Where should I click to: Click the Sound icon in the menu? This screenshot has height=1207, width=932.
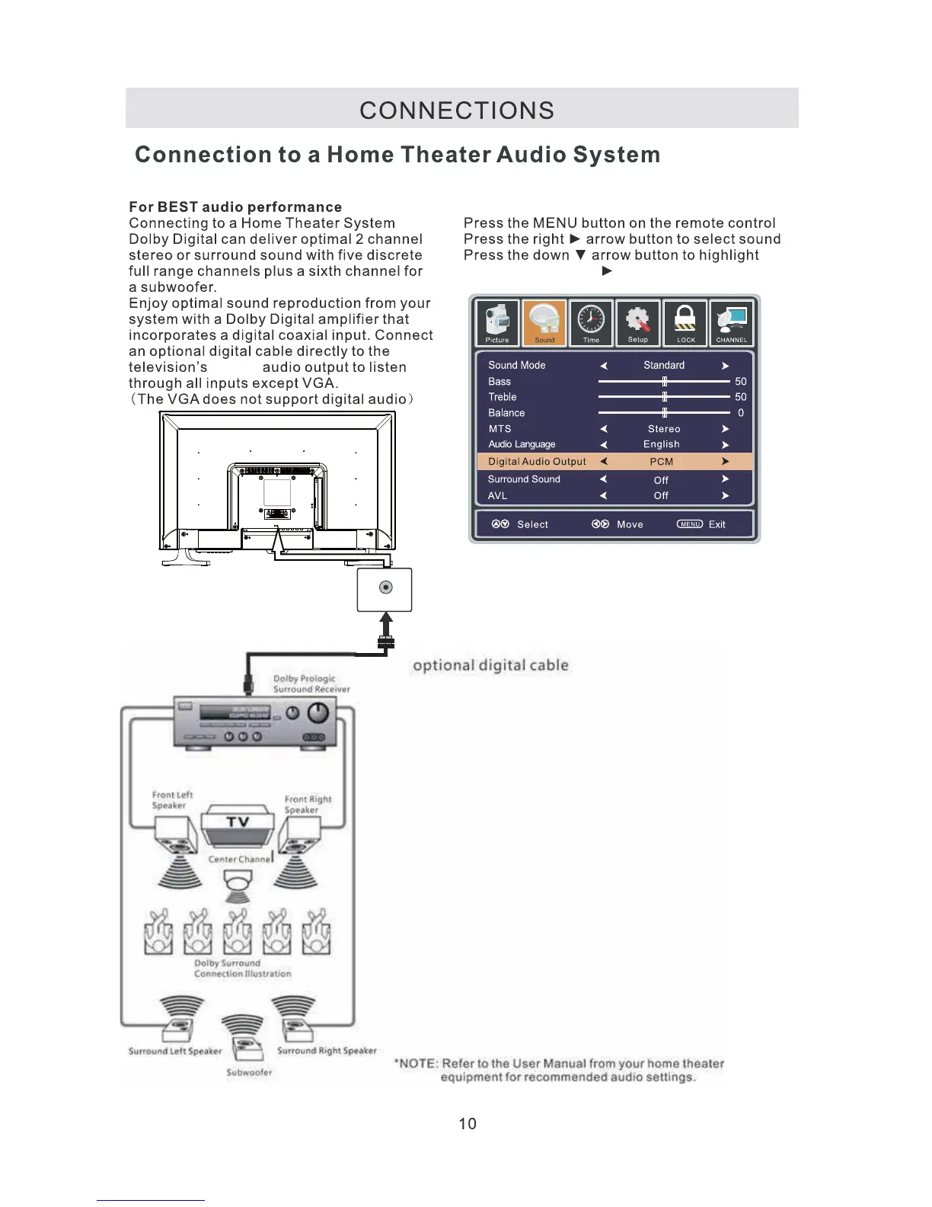[x=544, y=322]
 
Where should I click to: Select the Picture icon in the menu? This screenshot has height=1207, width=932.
[x=497, y=322]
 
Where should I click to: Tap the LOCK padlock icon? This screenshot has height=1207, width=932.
[x=685, y=322]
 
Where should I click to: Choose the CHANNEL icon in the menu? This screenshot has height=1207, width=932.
[x=732, y=322]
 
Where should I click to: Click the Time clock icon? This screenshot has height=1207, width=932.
[x=592, y=322]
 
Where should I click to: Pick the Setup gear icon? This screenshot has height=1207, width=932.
[x=638, y=322]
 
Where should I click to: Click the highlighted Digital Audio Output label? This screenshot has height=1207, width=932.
[x=537, y=462]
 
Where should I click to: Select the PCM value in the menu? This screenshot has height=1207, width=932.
[x=661, y=462]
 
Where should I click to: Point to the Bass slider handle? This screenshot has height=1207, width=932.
[x=665, y=381]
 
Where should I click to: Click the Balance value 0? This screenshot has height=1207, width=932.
[x=740, y=413]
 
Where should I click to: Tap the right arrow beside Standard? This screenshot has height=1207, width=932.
[x=725, y=366]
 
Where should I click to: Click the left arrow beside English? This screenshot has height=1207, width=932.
[x=603, y=445]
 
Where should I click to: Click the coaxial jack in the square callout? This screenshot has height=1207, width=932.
[x=385, y=587]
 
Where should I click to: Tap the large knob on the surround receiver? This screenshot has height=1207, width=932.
[x=318, y=712]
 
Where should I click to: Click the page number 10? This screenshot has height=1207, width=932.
[x=468, y=1124]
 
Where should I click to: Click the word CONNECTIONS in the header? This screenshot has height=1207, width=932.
[x=457, y=110]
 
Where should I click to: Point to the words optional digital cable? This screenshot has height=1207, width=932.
[x=490, y=665]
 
